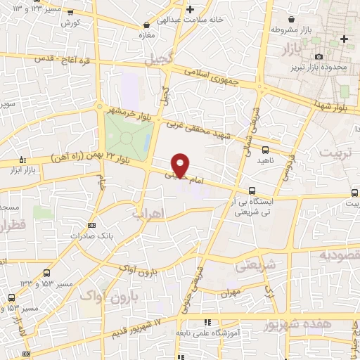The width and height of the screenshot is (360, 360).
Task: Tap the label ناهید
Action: [x=265, y=161]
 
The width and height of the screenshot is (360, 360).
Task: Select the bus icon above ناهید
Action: [x=265, y=150]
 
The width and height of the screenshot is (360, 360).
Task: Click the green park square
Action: [x=127, y=133]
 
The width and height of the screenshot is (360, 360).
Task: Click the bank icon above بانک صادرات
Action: [x=91, y=225]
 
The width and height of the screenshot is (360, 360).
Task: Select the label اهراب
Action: [x=146, y=212]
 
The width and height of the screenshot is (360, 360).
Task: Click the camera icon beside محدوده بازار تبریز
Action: [x=319, y=56]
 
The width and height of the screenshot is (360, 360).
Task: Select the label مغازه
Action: [x=146, y=35]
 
